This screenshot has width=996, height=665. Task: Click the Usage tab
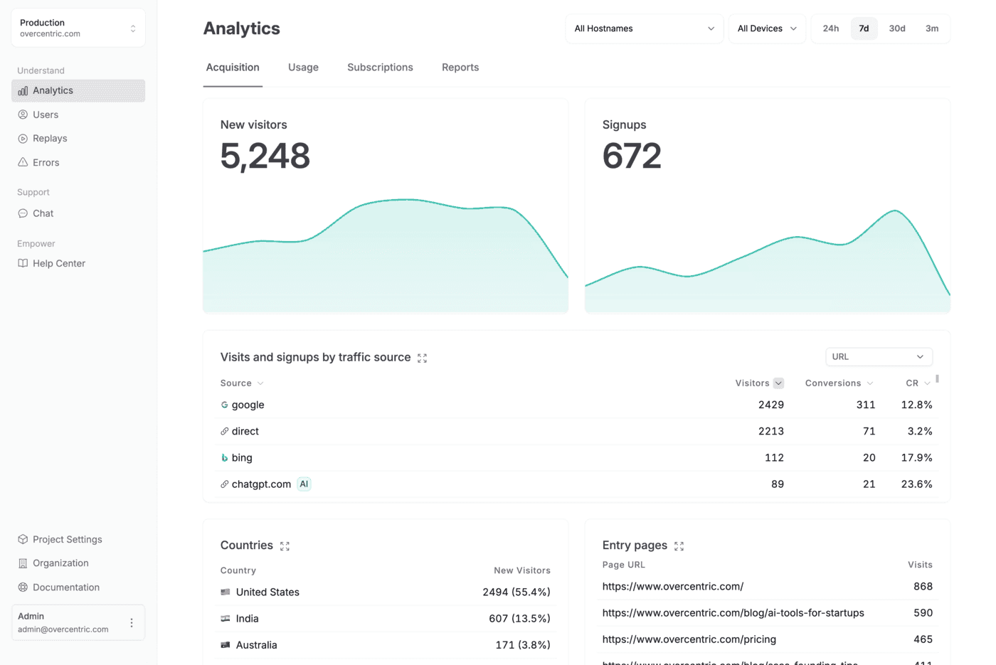pos(303,68)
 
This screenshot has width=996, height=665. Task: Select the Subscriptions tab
pos(380,68)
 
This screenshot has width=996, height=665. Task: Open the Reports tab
pos(460,68)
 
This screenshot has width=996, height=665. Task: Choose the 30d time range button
pos(897,28)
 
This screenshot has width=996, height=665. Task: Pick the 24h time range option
pos(830,28)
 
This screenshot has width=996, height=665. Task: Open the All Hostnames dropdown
pos(644,28)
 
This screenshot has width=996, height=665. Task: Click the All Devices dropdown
pos(766,28)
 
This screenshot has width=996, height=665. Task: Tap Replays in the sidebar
pos(50,139)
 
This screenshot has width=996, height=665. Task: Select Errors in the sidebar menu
pos(46,163)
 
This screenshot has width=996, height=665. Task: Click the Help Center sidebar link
pos(58,263)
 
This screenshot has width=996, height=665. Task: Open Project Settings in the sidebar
pos(67,539)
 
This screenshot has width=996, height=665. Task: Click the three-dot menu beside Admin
pos(132,623)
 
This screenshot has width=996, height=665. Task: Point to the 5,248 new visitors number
pos(265,156)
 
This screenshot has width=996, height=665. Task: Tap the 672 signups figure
pos(632,156)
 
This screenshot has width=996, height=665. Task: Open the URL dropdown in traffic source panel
pos(879,357)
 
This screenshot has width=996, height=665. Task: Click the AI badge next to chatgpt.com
pos(304,484)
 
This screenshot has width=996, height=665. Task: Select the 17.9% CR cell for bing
pos(916,458)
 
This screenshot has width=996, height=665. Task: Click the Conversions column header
pos(833,383)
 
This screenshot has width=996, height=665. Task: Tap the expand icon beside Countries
pos(285,546)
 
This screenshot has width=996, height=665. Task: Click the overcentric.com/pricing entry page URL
pos(689,639)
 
